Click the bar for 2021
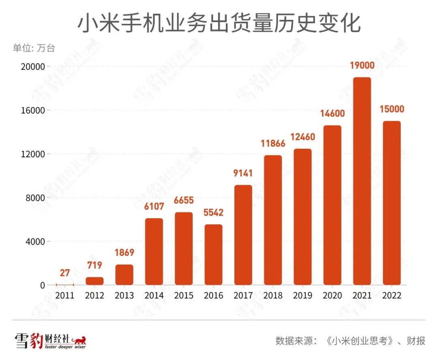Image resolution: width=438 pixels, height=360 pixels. tap(362, 181)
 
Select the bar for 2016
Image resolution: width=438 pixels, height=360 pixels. tap(213, 254)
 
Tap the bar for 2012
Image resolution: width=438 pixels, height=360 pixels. tap(94, 281)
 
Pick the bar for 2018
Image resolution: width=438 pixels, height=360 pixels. tap(273, 220)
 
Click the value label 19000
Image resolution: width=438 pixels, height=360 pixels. tap(362, 66)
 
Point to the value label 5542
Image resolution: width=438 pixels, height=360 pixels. tap(213, 213)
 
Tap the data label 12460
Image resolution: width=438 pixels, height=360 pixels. tap(303, 137)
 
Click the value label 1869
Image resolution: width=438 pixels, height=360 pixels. tap(124, 253)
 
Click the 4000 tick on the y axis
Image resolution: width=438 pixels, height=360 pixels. tap(36, 242)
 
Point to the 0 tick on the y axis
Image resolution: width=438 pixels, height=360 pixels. tap(43, 285)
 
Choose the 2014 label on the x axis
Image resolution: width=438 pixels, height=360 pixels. tap(154, 296)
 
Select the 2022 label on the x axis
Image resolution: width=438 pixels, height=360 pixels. tap(391, 296)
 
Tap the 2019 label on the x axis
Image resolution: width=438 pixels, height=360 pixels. tap(303, 296)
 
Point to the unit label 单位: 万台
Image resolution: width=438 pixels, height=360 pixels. tap(34, 48)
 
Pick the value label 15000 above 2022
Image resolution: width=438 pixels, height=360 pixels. tap(391, 110)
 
